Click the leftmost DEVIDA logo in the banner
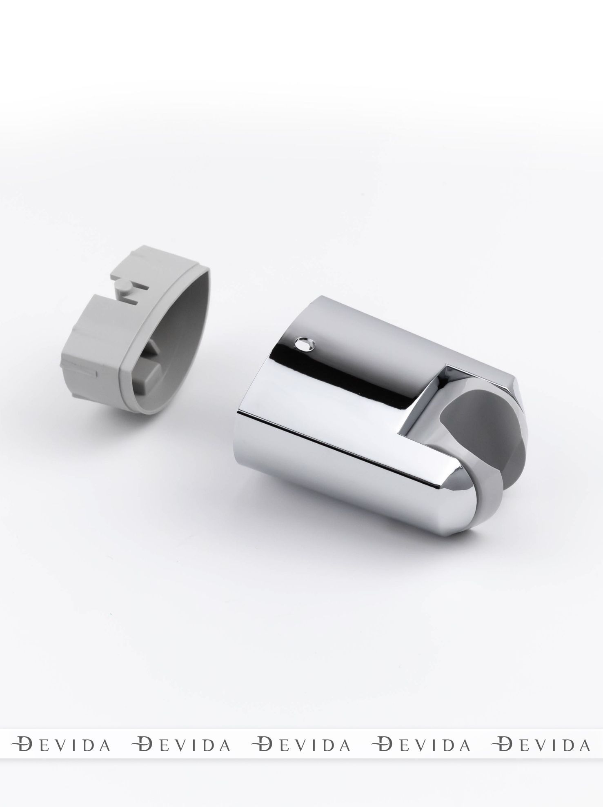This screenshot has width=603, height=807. point(61,744)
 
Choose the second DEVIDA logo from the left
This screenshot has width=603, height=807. point(181,744)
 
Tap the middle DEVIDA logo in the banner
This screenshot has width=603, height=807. point(301,744)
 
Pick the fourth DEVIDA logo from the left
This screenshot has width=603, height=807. point(421,744)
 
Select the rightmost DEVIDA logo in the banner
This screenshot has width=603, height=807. point(541,744)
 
